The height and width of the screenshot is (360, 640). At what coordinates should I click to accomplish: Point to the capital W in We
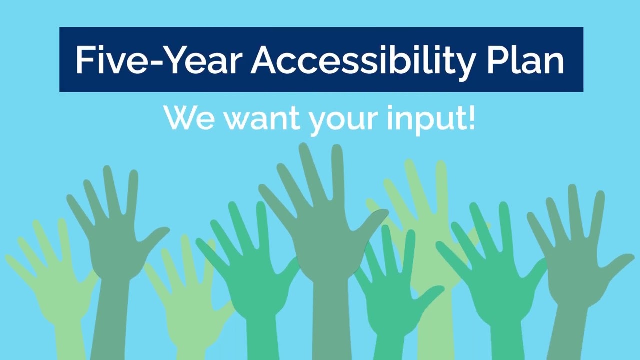click(180, 118)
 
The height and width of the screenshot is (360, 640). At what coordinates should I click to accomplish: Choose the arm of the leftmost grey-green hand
click(107, 320)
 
